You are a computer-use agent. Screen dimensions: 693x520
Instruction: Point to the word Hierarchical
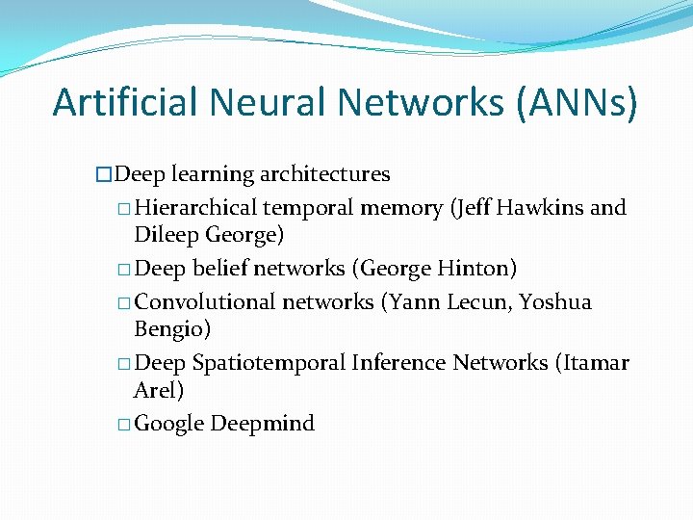(x=196, y=208)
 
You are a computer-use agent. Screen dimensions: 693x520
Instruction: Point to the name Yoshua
(x=555, y=302)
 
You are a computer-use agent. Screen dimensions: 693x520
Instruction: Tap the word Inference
(x=398, y=363)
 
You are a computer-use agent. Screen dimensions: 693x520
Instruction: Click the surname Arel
(x=159, y=389)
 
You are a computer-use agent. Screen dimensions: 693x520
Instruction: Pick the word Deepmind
(x=262, y=424)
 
